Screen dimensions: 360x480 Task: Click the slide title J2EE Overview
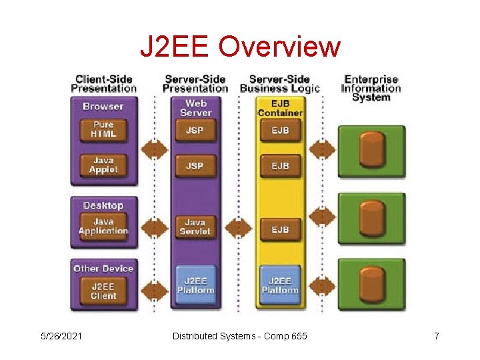point(240,47)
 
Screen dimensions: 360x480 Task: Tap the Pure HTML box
point(103,129)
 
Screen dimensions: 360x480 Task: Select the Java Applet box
point(103,165)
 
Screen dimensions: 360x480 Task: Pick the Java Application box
point(103,227)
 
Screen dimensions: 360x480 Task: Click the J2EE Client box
point(103,291)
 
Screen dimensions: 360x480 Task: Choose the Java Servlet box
point(195,227)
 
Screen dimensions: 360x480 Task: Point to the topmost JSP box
point(195,130)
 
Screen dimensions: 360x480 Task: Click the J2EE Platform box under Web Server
point(195,285)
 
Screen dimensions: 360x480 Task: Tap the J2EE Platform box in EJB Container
point(280,285)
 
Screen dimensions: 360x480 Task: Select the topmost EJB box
point(280,130)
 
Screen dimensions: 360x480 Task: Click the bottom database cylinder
point(371,283)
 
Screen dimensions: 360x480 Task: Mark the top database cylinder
point(371,149)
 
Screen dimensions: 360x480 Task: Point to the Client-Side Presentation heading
point(103,84)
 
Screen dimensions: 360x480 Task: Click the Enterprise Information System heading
point(371,88)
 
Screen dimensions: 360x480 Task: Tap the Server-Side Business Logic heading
point(280,84)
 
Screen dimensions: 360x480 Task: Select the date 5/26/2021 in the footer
point(61,336)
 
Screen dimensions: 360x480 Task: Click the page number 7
point(437,336)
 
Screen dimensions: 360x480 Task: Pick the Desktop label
point(103,205)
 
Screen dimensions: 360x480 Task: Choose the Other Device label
point(103,269)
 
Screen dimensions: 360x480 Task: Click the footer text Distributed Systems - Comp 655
point(240,336)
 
